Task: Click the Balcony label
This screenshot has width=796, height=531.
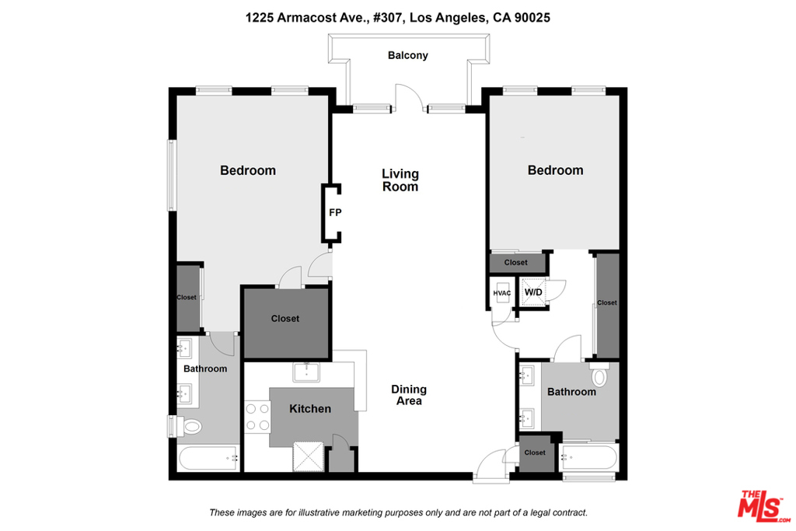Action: point(407,55)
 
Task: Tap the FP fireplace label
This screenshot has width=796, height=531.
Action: point(335,213)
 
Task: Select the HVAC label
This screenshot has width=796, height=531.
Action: point(502,293)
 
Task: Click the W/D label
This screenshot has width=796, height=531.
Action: point(533,292)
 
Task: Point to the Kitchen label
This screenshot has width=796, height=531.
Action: point(310,409)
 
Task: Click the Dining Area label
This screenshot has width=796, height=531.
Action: point(409,395)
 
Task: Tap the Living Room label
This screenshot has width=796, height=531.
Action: point(400,180)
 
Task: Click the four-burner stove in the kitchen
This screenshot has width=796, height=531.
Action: point(257,417)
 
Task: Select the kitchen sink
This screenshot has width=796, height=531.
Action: point(306,372)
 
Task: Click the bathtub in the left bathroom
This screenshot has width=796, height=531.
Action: point(208,458)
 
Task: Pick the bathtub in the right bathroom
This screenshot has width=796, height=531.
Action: point(588,457)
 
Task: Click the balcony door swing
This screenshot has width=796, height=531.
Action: point(409,97)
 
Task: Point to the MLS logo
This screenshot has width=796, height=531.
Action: point(764,506)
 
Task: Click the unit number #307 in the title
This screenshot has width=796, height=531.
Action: point(389,18)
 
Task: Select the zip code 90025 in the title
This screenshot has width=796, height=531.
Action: point(532,18)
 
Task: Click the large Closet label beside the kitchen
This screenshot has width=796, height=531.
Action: point(285,319)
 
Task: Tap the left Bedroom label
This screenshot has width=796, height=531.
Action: point(248,170)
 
